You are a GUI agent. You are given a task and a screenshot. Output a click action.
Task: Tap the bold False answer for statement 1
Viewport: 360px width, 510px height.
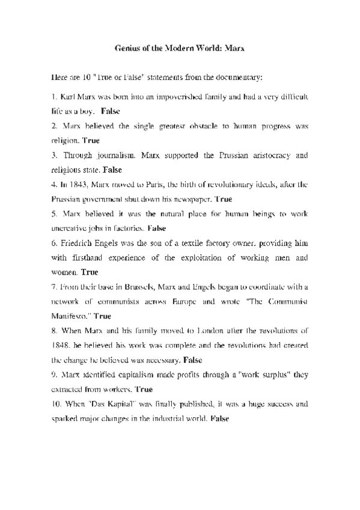[111, 111]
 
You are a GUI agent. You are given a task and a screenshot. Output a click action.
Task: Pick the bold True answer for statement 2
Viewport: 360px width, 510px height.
[91, 141]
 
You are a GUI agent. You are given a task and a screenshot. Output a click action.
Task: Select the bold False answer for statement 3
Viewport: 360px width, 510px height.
[112, 170]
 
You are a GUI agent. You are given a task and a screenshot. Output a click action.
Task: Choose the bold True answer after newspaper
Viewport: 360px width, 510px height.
[223, 199]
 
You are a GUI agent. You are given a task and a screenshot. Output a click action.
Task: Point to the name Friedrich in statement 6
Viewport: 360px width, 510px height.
[76, 243]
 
